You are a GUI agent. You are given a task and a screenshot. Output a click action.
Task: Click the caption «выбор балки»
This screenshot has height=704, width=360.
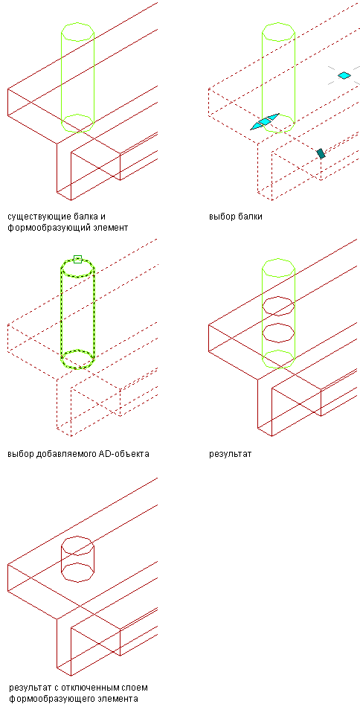236,217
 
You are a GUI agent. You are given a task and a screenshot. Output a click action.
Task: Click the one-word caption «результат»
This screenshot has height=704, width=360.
231,454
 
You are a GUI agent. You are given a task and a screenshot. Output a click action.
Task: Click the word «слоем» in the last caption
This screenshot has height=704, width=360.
135,688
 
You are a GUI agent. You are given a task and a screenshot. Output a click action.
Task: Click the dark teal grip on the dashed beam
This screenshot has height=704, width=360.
321,153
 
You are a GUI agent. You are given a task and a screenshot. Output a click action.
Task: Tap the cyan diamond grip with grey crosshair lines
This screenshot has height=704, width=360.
344,75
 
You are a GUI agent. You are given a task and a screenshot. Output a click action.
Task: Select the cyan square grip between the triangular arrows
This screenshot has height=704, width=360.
266,121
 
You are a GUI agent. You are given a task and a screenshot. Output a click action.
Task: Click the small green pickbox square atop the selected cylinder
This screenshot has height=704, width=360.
77,259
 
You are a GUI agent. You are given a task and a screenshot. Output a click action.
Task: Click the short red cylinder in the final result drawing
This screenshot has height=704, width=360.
61,560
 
